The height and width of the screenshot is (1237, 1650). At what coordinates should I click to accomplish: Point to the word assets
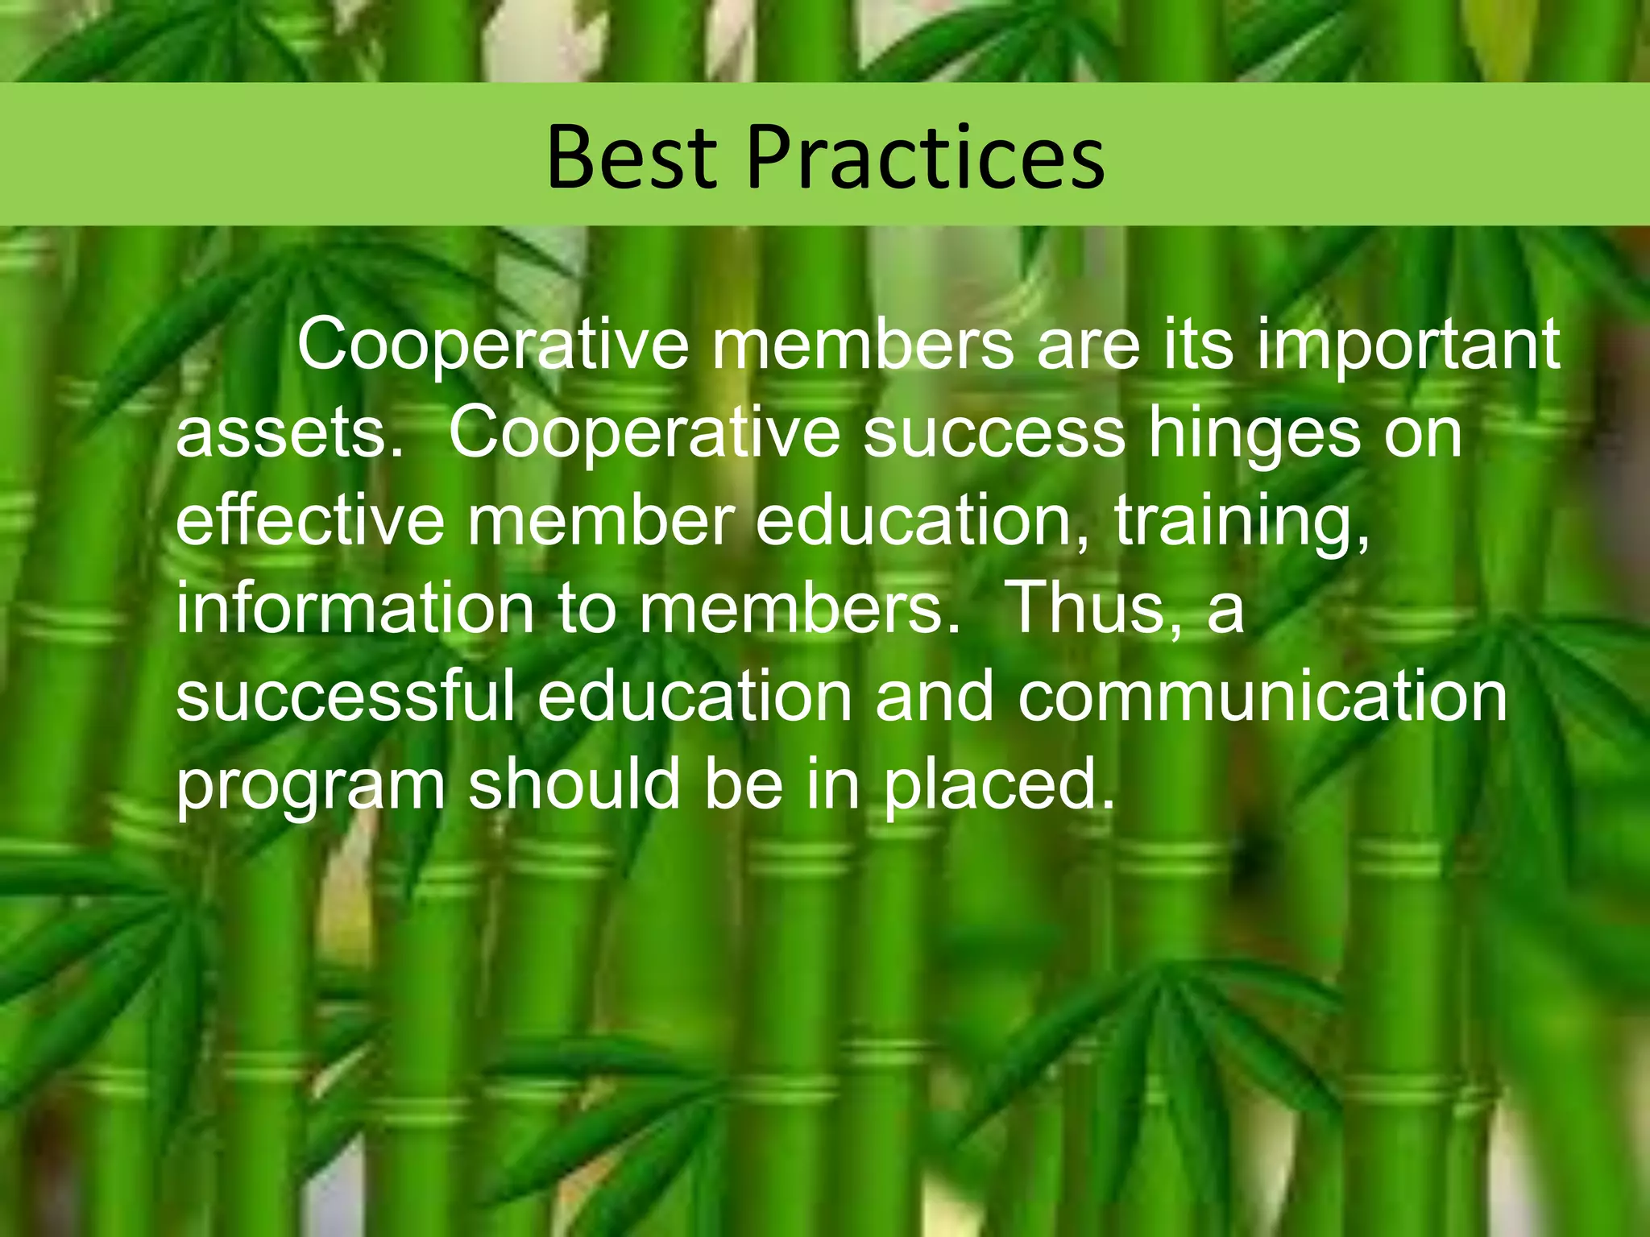coord(289,434)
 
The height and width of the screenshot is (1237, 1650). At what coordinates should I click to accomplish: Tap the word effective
coord(309,521)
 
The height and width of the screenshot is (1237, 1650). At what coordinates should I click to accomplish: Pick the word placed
coord(998,786)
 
